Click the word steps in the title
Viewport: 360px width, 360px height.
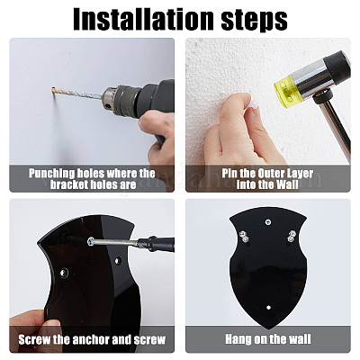255,21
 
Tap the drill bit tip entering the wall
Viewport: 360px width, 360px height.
53,89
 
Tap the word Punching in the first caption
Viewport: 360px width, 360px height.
51,174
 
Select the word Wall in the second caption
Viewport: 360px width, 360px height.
287,184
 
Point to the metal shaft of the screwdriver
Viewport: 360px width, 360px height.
115,242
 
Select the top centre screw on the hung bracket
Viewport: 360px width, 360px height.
267,222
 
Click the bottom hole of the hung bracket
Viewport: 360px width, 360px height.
268,308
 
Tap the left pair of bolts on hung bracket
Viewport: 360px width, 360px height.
244,236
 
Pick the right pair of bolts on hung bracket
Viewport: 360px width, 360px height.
291,236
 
